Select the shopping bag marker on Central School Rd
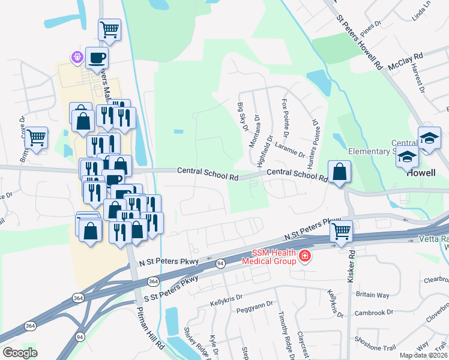tap(340, 172)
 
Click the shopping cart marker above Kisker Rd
tap(341, 230)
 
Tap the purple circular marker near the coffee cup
tap(77, 58)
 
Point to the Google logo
tap(20, 353)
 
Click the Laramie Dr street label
tap(290, 149)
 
